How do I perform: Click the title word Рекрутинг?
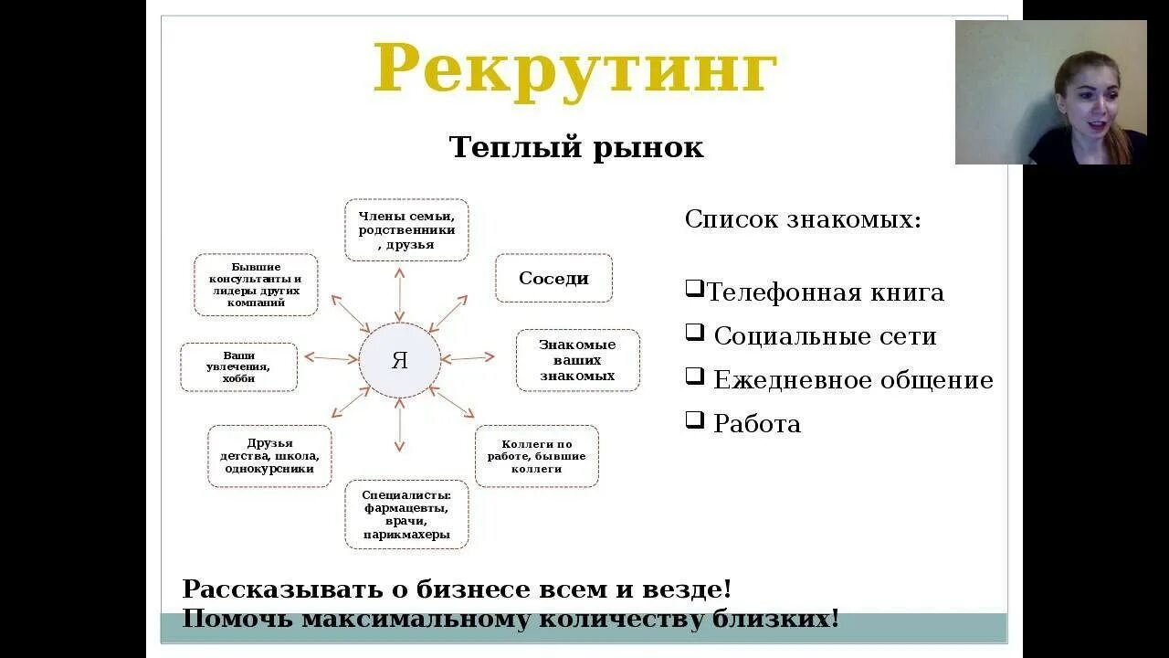point(574,69)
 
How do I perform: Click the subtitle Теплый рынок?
point(576,147)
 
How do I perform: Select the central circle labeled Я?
point(399,360)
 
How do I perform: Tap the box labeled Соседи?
point(553,279)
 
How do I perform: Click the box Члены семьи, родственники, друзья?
point(406,230)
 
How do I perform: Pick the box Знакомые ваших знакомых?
point(577,360)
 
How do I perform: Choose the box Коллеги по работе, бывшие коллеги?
point(537,456)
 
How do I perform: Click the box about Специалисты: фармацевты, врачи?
point(406,515)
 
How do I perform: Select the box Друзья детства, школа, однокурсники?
point(269,456)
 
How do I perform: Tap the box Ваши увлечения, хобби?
point(238,367)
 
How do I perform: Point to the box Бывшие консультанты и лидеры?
point(256,284)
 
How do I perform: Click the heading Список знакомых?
point(803,219)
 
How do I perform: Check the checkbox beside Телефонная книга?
point(695,290)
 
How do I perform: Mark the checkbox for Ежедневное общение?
point(695,377)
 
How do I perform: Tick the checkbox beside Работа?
point(695,420)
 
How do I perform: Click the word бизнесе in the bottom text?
point(475,589)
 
